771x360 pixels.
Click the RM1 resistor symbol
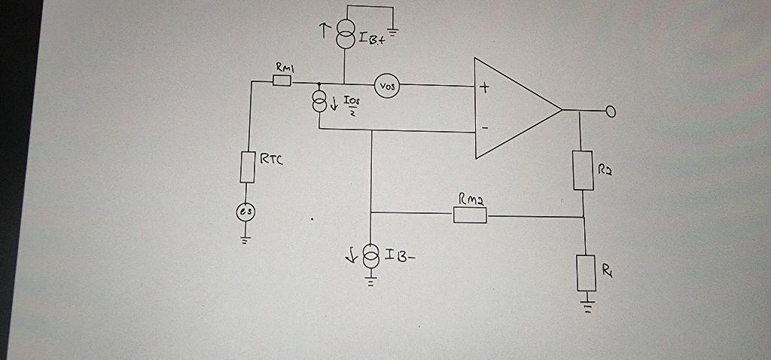(x=282, y=81)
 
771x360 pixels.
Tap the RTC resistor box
(x=248, y=166)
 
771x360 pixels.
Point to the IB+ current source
(x=345, y=35)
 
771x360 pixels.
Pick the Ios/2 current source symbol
(x=320, y=102)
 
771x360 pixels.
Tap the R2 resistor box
(x=583, y=169)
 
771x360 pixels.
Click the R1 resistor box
(x=586, y=273)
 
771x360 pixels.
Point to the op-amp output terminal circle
(x=611, y=112)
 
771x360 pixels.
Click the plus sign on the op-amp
(x=484, y=89)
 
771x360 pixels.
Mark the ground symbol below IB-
(x=370, y=282)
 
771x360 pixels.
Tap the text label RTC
(x=270, y=159)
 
